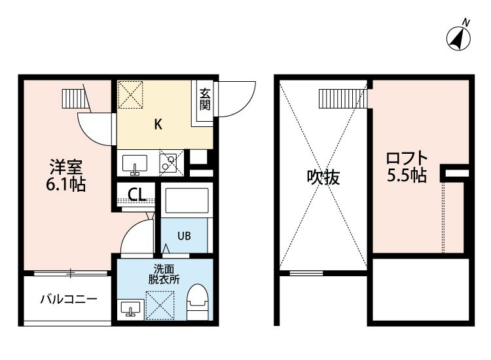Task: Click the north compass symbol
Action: (458, 38)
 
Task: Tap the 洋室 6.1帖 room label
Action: (65, 175)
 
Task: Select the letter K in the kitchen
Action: (158, 124)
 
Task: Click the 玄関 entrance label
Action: (205, 99)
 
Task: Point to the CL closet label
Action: (137, 194)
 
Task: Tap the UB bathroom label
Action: (184, 236)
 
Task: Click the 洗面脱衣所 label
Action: (164, 274)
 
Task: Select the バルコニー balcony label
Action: (69, 300)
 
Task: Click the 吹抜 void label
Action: (323, 177)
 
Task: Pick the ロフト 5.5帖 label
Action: (407, 167)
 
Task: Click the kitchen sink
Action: (135, 164)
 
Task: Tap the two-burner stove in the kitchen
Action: (172, 163)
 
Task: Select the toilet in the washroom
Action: (198, 302)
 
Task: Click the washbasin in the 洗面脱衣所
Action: (130, 310)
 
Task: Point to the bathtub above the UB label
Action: (187, 200)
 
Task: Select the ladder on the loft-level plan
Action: (343, 99)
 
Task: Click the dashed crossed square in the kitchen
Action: (130, 95)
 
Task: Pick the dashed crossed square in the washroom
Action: (160, 306)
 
